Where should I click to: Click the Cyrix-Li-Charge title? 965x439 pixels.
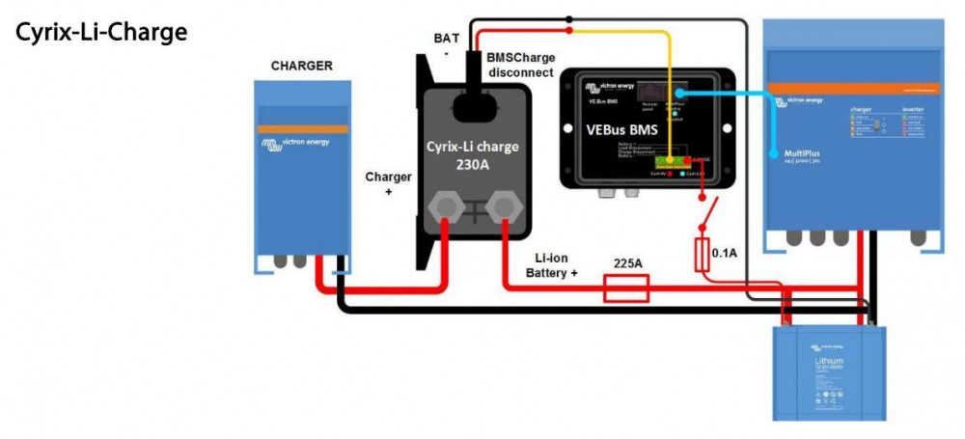click(101, 32)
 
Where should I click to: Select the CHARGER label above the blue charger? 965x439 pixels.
click(302, 67)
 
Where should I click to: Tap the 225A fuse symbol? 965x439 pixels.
click(625, 288)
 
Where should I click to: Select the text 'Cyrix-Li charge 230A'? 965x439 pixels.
click(473, 155)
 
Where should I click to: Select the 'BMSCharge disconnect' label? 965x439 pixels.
click(520, 65)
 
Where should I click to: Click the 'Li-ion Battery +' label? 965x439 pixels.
click(552, 266)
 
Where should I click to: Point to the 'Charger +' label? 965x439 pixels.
click(389, 184)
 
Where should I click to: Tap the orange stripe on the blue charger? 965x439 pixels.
click(302, 128)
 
